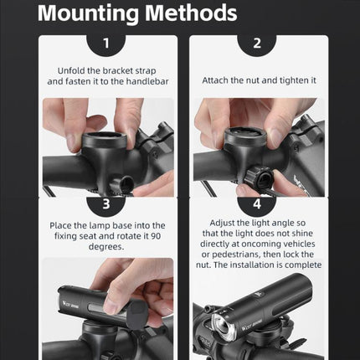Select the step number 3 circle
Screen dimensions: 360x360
pos(105,203)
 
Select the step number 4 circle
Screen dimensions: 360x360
pos(256,203)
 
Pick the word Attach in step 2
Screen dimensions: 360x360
pos(217,80)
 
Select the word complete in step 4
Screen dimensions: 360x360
pos(299,266)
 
